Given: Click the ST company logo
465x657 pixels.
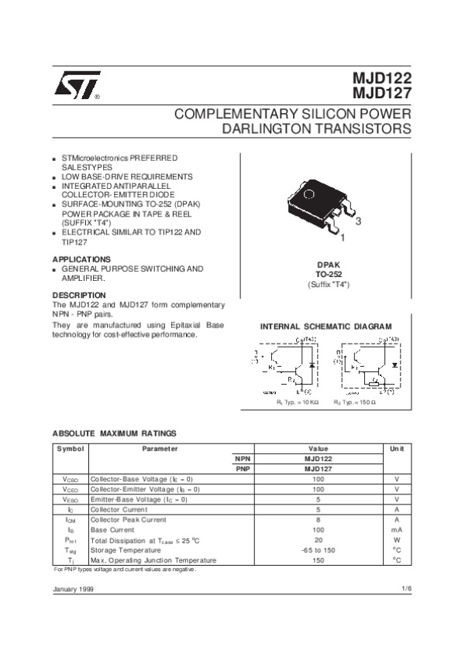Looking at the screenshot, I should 76,87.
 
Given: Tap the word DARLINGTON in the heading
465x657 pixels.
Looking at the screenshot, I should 258,129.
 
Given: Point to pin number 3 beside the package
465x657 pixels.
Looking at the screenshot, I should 358,221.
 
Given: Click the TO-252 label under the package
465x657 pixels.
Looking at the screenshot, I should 329,274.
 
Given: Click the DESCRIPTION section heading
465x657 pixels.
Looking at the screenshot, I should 78,296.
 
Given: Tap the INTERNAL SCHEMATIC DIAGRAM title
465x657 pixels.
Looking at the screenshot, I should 325,327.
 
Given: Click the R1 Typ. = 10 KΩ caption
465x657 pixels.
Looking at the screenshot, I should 298,403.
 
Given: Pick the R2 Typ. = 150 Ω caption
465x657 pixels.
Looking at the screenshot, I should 354,403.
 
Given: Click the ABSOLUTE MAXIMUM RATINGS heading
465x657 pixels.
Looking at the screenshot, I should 114,433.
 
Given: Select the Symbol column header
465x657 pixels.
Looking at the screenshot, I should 70,449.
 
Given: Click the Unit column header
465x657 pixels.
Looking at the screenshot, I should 397,449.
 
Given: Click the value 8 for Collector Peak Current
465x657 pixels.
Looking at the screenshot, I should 318,520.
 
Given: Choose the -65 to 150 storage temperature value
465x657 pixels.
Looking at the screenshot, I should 318,550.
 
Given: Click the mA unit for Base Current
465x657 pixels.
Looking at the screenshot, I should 397,530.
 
